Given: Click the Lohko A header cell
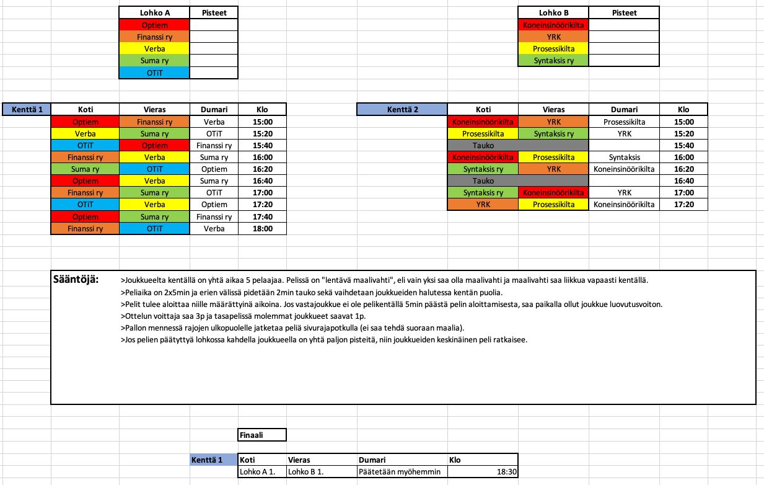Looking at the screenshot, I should tap(154, 12).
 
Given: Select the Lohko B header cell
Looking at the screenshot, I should tap(553, 12).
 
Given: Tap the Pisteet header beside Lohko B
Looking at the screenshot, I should tap(624, 12).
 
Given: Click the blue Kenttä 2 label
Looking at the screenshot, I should tap(402, 110).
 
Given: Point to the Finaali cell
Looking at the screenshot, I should tap(261, 435).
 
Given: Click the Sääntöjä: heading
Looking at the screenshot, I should tap(77, 278).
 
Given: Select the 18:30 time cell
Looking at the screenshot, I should tap(481, 472).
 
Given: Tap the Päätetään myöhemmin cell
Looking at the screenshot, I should tap(402, 472).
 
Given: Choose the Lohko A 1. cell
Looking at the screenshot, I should tap(261, 472).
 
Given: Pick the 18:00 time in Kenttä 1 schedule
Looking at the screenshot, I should tap(262, 228).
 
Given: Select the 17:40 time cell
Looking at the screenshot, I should tap(262, 216).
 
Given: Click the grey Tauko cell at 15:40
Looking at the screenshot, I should tap(483, 145).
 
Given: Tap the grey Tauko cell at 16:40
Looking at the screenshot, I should tap(483, 180).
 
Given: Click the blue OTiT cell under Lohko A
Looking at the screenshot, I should tap(154, 73).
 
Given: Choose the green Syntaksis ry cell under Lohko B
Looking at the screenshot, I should tap(553, 61).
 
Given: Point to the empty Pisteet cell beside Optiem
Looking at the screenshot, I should tap(214, 25).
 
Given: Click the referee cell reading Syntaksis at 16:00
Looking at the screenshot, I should tap(624, 158).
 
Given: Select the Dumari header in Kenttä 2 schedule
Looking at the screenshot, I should tap(624, 110).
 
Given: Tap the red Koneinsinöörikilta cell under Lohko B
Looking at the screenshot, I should tap(553, 25).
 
